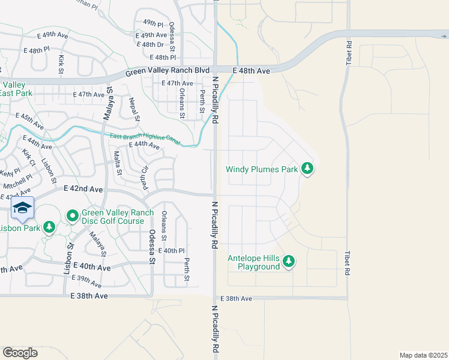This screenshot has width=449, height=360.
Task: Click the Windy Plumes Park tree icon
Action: tap(308, 169)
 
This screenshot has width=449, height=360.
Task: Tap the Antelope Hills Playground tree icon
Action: tap(289, 261)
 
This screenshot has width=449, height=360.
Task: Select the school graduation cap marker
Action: tap(22, 208)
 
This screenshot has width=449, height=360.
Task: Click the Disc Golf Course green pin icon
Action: tap(72, 215)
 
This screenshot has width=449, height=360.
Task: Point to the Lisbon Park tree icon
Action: tap(49, 227)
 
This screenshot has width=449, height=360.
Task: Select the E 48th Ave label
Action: tap(252, 71)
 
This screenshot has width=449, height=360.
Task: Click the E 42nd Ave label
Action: tap(83, 189)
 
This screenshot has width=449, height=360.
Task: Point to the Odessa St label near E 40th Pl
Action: tap(152, 247)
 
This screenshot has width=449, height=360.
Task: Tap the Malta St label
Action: tap(118, 163)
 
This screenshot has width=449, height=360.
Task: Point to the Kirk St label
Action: tap(61, 64)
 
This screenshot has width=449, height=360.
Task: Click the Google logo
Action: tap(20, 353)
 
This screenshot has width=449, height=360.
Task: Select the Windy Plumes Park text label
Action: tap(262, 169)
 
